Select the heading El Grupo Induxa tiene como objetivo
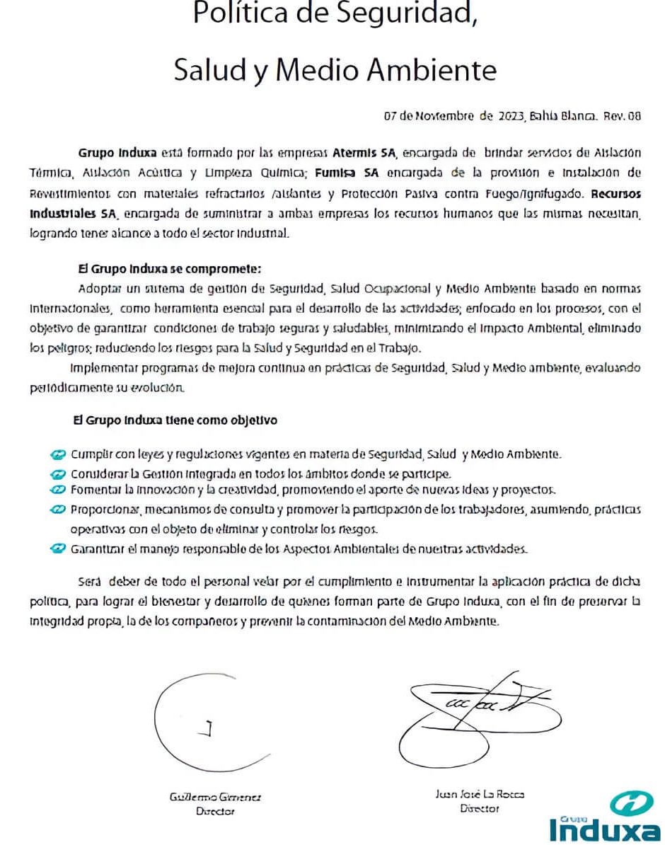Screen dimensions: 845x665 [x=175, y=420]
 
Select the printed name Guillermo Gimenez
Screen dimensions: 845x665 [x=215, y=797]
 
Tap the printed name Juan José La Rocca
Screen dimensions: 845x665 [x=480, y=795]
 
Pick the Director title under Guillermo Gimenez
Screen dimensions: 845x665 [x=215, y=812]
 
